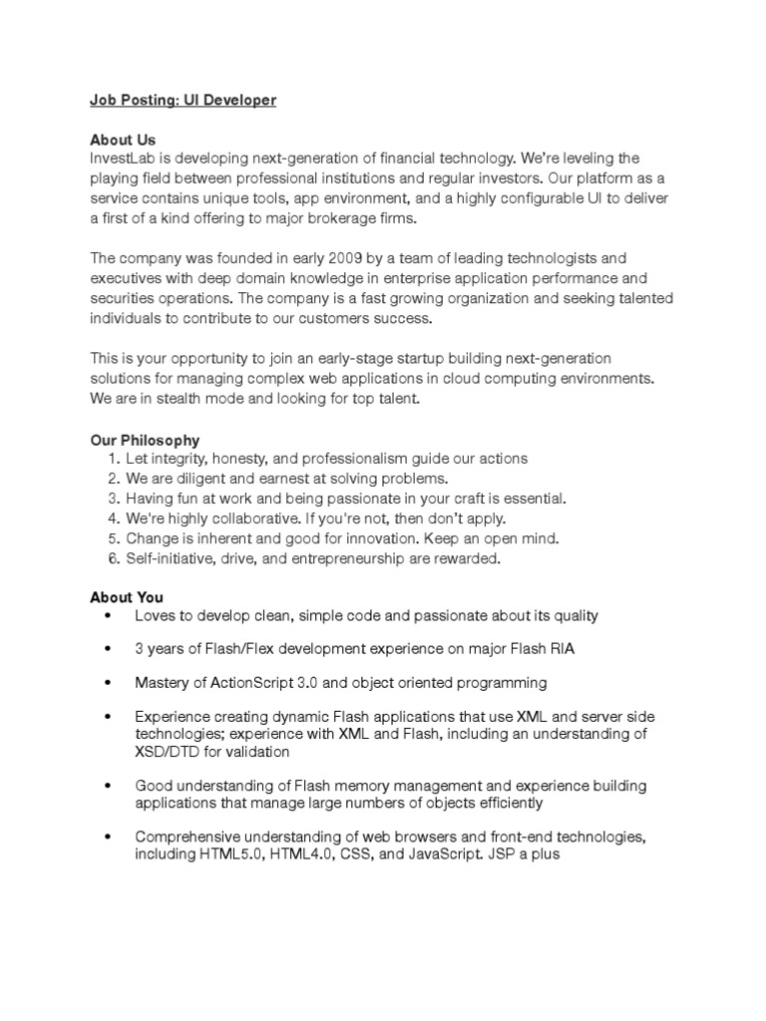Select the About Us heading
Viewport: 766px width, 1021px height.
[x=123, y=140]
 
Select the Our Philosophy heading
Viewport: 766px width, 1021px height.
[x=145, y=440]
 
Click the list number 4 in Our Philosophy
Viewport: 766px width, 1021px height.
[x=114, y=518]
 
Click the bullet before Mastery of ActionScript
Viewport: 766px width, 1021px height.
[x=107, y=683]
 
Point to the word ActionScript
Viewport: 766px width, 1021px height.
[x=241, y=683]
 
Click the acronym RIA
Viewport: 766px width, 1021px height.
[x=562, y=649]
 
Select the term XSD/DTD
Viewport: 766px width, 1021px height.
[x=170, y=752]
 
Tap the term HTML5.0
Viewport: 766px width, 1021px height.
[x=232, y=854]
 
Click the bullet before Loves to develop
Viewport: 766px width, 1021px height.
[x=107, y=616]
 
